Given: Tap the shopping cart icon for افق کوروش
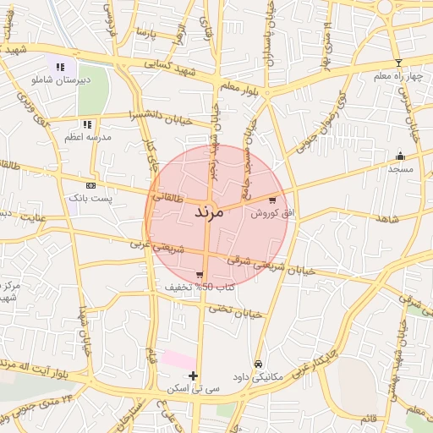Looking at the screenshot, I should point(271,201).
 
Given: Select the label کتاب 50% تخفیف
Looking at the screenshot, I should point(200,288).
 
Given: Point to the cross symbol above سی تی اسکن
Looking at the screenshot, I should point(194,375).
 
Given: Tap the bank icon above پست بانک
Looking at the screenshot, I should point(90,185).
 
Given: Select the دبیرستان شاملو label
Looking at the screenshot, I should point(59,79).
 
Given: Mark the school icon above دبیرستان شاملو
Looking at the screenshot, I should point(60,67).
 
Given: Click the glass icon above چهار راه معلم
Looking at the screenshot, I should point(398,63).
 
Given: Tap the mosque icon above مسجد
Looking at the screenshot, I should point(400,156).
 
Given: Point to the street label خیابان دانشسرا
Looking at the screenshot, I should point(161,116).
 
